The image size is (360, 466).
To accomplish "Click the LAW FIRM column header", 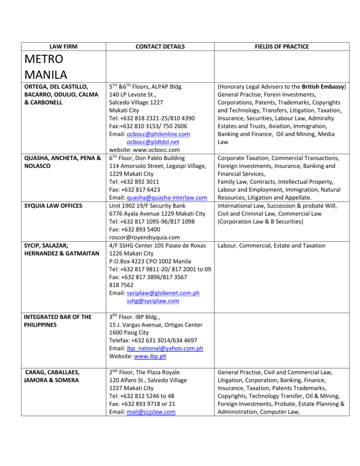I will click(x=63, y=46).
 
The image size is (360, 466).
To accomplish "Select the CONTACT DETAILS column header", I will click(x=160, y=46).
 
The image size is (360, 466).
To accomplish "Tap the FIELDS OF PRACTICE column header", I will click(x=282, y=46).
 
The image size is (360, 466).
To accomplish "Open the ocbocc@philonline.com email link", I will click(x=158, y=134).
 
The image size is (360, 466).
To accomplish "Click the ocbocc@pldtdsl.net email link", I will click(x=153, y=142).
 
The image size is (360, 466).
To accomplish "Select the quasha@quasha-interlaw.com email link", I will click(x=167, y=198).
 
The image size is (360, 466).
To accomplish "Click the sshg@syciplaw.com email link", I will click(x=153, y=301).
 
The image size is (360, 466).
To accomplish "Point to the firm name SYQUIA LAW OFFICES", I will click(x=53, y=206).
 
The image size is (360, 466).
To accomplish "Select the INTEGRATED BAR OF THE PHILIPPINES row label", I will click(x=58, y=321).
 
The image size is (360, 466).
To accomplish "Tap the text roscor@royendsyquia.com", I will click(x=144, y=237).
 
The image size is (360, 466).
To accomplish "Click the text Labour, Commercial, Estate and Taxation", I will click(x=271, y=246).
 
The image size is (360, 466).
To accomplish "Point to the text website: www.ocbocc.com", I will click(x=144, y=150).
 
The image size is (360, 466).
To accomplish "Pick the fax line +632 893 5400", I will click(x=135, y=229).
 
